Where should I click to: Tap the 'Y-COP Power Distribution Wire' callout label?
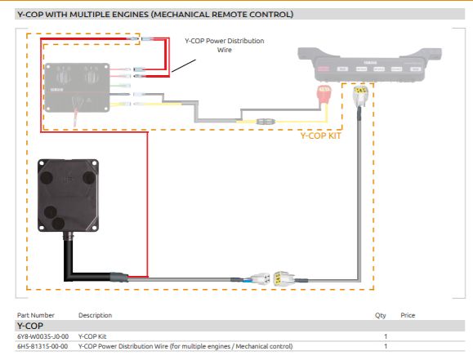225,45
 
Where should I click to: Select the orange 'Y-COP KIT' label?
320,136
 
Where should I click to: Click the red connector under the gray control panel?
324,94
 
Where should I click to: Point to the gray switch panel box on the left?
77,87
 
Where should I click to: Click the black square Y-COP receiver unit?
68,195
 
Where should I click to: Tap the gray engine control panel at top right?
369,64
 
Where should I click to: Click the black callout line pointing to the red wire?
184,66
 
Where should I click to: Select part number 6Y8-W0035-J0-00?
42,336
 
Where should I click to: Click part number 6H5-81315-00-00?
42,346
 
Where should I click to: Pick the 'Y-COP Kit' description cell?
92,336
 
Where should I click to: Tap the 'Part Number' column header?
36,315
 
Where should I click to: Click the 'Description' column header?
95,315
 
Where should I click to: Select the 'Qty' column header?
381,315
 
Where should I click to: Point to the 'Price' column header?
408,315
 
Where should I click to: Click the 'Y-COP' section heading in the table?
30,326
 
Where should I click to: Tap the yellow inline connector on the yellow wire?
266,122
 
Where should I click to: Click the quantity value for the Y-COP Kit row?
386,336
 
